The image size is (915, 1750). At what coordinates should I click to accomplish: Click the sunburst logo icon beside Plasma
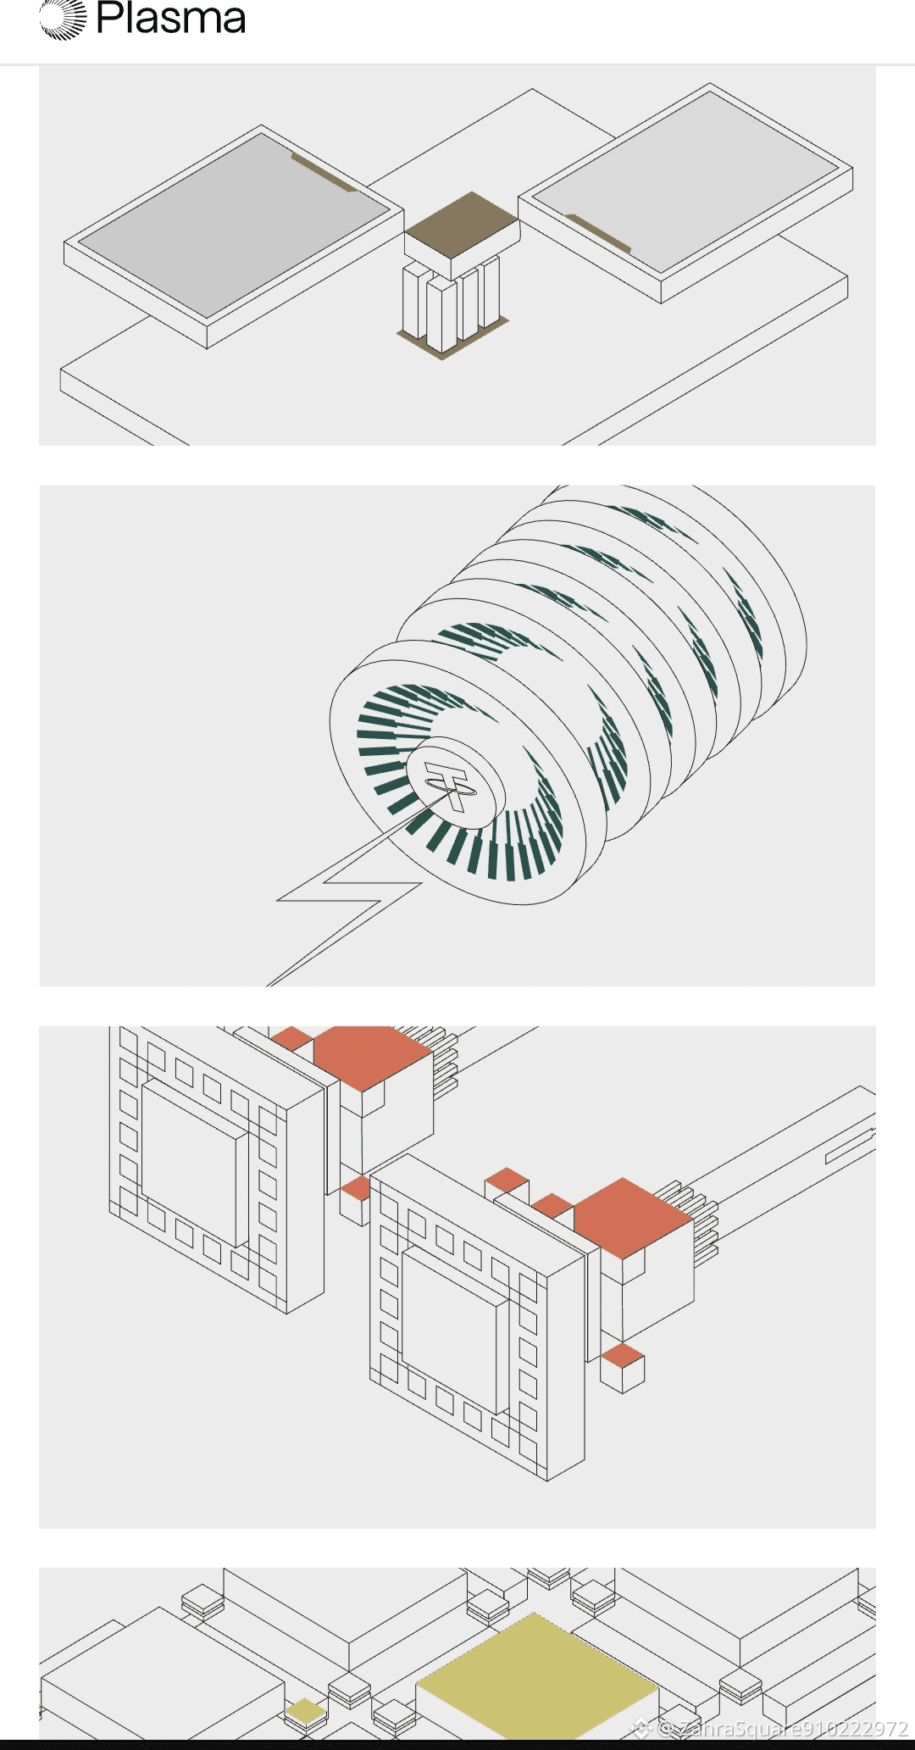tap(63, 19)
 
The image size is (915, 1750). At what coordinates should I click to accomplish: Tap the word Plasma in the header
tap(171, 18)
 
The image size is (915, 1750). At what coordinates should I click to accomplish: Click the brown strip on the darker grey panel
tap(324, 173)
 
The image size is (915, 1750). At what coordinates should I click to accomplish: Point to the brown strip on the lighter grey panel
tap(598, 233)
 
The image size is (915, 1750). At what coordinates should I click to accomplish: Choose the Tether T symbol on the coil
tap(449, 786)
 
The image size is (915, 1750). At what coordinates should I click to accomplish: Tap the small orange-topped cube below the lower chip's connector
tap(623, 1367)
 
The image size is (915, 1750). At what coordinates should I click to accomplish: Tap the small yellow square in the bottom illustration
tap(305, 1709)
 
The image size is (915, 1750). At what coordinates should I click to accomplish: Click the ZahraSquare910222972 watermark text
tap(782, 1730)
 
